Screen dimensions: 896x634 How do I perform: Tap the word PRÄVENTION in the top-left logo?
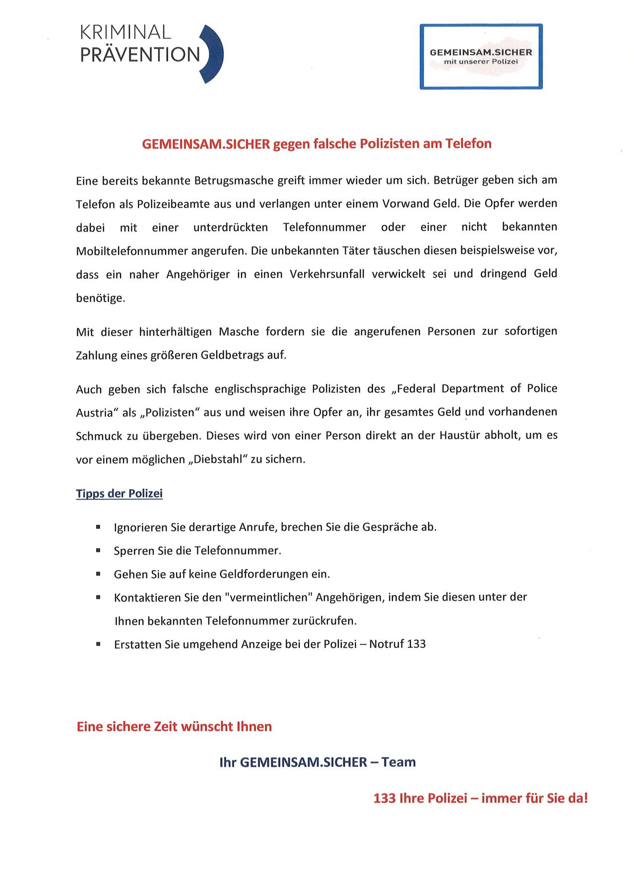(140, 55)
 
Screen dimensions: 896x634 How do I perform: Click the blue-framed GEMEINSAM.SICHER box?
(481, 57)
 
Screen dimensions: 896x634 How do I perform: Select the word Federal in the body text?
(416, 388)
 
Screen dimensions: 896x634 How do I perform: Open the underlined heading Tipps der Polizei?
(119, 494)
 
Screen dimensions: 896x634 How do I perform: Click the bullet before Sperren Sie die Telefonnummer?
(98, 550)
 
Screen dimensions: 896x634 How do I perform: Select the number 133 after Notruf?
(416, 644)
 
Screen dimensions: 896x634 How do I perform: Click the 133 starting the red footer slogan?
(384, 798)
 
